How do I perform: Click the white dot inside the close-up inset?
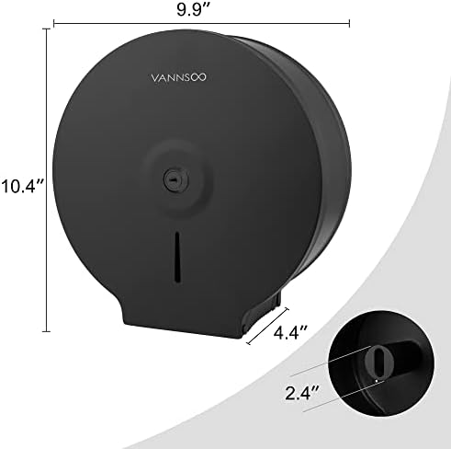pos(378,378)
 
